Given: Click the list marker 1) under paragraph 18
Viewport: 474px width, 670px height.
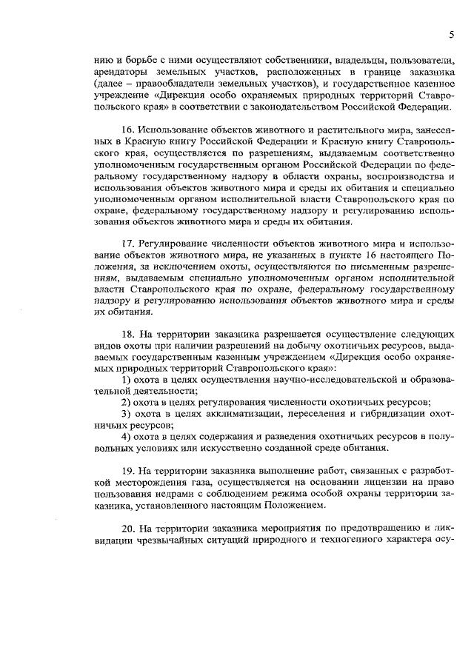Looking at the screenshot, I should point(126,379).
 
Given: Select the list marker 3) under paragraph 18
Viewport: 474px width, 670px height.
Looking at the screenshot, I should point(126,413).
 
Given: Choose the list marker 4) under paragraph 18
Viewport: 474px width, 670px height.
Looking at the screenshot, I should point(126,436).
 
